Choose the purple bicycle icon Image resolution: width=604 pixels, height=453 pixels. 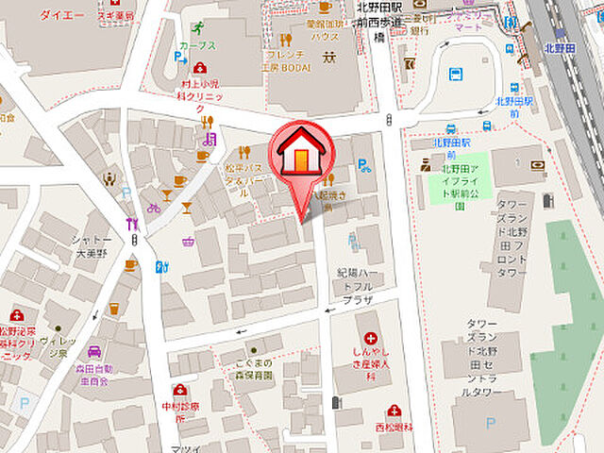pos(154,208)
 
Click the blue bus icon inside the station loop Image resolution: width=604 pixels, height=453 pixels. pos(456,73)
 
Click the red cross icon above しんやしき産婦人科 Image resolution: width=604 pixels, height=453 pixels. pos(370,338)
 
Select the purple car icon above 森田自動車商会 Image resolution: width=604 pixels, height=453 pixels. pos(94,350)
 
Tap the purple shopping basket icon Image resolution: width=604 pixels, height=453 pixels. pos(188,241)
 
